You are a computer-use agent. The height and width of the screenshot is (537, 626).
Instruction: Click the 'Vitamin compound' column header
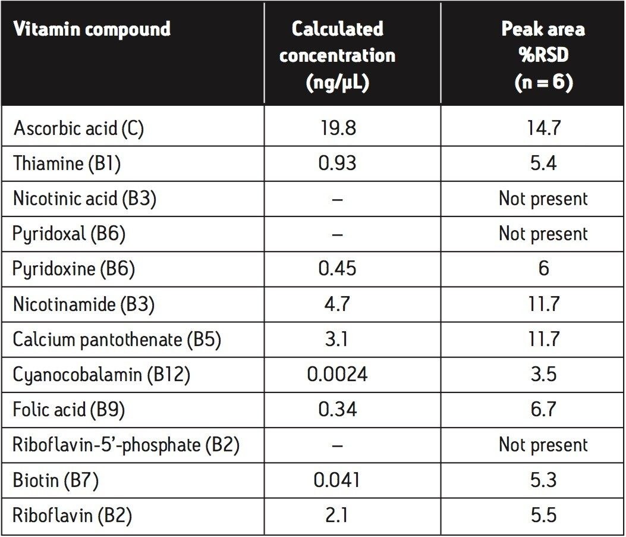(x=92, y=29)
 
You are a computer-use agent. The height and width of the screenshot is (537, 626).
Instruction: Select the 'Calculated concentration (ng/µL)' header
(x=337, y=55)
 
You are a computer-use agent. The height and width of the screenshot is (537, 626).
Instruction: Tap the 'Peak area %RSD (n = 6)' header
(x=543, y=55)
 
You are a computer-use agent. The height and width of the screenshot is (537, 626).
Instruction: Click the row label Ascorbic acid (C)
(x=78, y=129)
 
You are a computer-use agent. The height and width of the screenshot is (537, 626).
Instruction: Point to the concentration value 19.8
(x=337, y=128)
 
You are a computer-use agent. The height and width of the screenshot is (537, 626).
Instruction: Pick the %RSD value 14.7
(x=543, y=128)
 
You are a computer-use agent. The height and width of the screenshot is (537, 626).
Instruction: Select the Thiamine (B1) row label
(x=67, y=164)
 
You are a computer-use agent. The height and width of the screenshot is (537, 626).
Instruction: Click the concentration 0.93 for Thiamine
(x=337, y=164)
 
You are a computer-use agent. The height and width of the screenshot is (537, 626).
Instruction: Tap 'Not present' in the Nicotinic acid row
(x=543, y=199)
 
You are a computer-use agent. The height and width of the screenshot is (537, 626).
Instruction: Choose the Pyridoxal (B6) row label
(x=69, y=234)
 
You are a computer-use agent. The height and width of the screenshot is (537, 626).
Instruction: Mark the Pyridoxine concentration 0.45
(x=337, y=269)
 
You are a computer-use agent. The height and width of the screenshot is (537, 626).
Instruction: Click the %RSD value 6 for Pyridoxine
(x=543, y=269)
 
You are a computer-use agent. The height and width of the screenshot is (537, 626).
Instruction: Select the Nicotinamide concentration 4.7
(x=337, y=304)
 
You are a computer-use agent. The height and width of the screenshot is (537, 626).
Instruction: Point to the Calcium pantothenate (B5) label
(x=117, y=340)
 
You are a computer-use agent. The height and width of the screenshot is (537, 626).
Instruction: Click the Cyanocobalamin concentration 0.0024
(x=337, y=375)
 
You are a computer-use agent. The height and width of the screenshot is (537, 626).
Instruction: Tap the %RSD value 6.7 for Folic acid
(x=543, y=410)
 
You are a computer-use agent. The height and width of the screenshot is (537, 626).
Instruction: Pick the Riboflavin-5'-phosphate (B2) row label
(x=125, y=445)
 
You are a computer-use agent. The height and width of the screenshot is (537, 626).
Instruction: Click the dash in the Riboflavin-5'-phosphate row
(x=337, y=445)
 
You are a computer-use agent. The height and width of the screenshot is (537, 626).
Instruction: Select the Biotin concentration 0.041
(x=337, y=481)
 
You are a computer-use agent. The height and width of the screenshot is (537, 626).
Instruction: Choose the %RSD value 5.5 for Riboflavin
(x=543, y=516)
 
